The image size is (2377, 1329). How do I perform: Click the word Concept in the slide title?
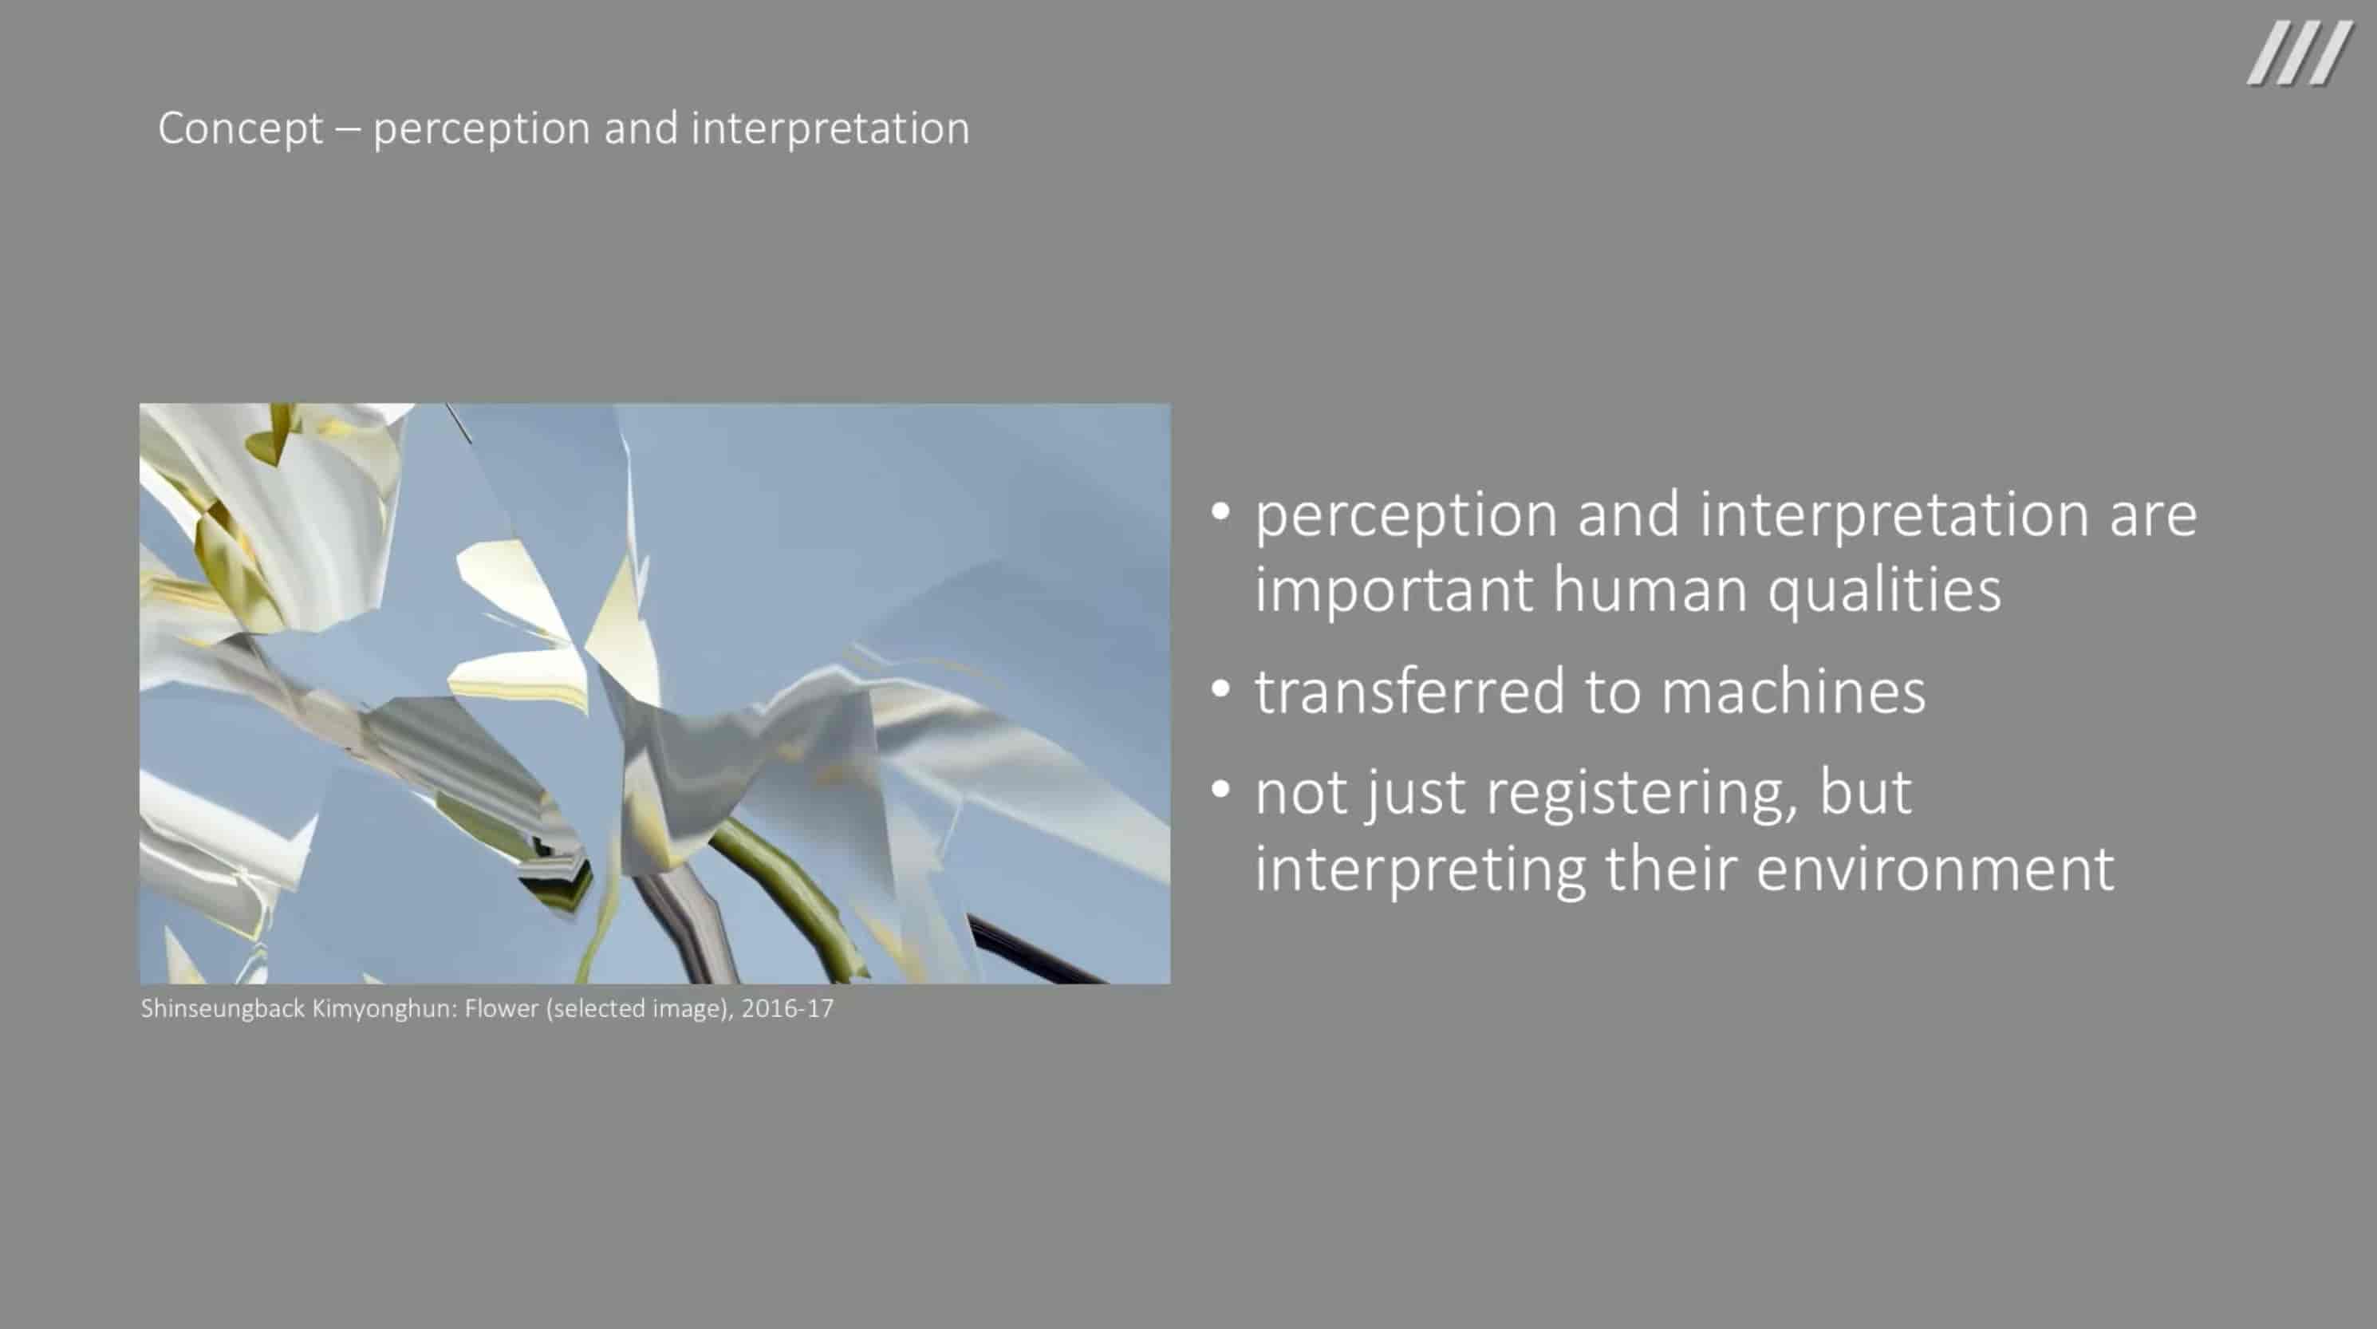coord(240,128)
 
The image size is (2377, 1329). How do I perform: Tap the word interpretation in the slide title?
coord(830,128)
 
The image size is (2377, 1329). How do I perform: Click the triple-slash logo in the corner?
coord(2299,53)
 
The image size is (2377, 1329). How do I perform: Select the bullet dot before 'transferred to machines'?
coord(1220,688)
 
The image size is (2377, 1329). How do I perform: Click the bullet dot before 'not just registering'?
coord(1220,790)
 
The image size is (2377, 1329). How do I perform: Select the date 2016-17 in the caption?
coord(787,1008)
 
